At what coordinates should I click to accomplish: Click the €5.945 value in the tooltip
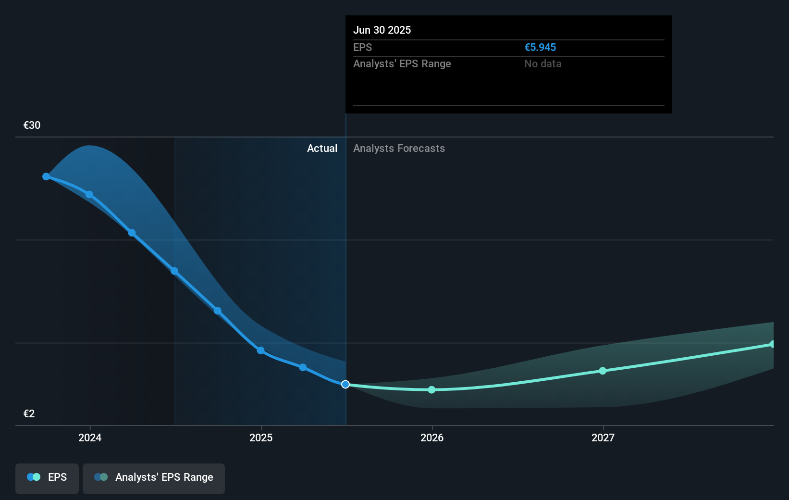(x=540, y=48)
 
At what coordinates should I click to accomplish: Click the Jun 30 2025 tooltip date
(x=382, y=30)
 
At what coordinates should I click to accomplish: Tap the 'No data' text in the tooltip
(x=542, y=64)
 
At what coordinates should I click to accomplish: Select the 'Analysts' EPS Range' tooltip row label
(x=402, y=64)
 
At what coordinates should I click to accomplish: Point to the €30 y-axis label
(x=32, y=125)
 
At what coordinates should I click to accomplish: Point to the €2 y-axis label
(x=29, y=414)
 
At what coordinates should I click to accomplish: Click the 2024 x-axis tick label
(x=90, y=438)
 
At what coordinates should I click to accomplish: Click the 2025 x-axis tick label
(x=261, y=438)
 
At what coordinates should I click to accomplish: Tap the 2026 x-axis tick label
(x=432, y=438)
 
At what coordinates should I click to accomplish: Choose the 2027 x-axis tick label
(x=603, y=438)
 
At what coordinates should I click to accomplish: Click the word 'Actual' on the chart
(x=322, y=149)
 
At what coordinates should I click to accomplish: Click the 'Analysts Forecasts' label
(x=399, y=149)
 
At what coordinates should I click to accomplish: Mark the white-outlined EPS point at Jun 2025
(x=345, y=384)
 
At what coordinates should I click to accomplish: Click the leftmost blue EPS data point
(x=46, y=177)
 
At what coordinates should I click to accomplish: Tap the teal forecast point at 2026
(x=431, y=389)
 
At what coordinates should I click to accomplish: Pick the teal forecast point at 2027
(x=603, y=371)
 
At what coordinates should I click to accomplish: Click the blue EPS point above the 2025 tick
(x=260, y=350)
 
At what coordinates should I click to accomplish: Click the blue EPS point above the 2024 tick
(x=89, y=195)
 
